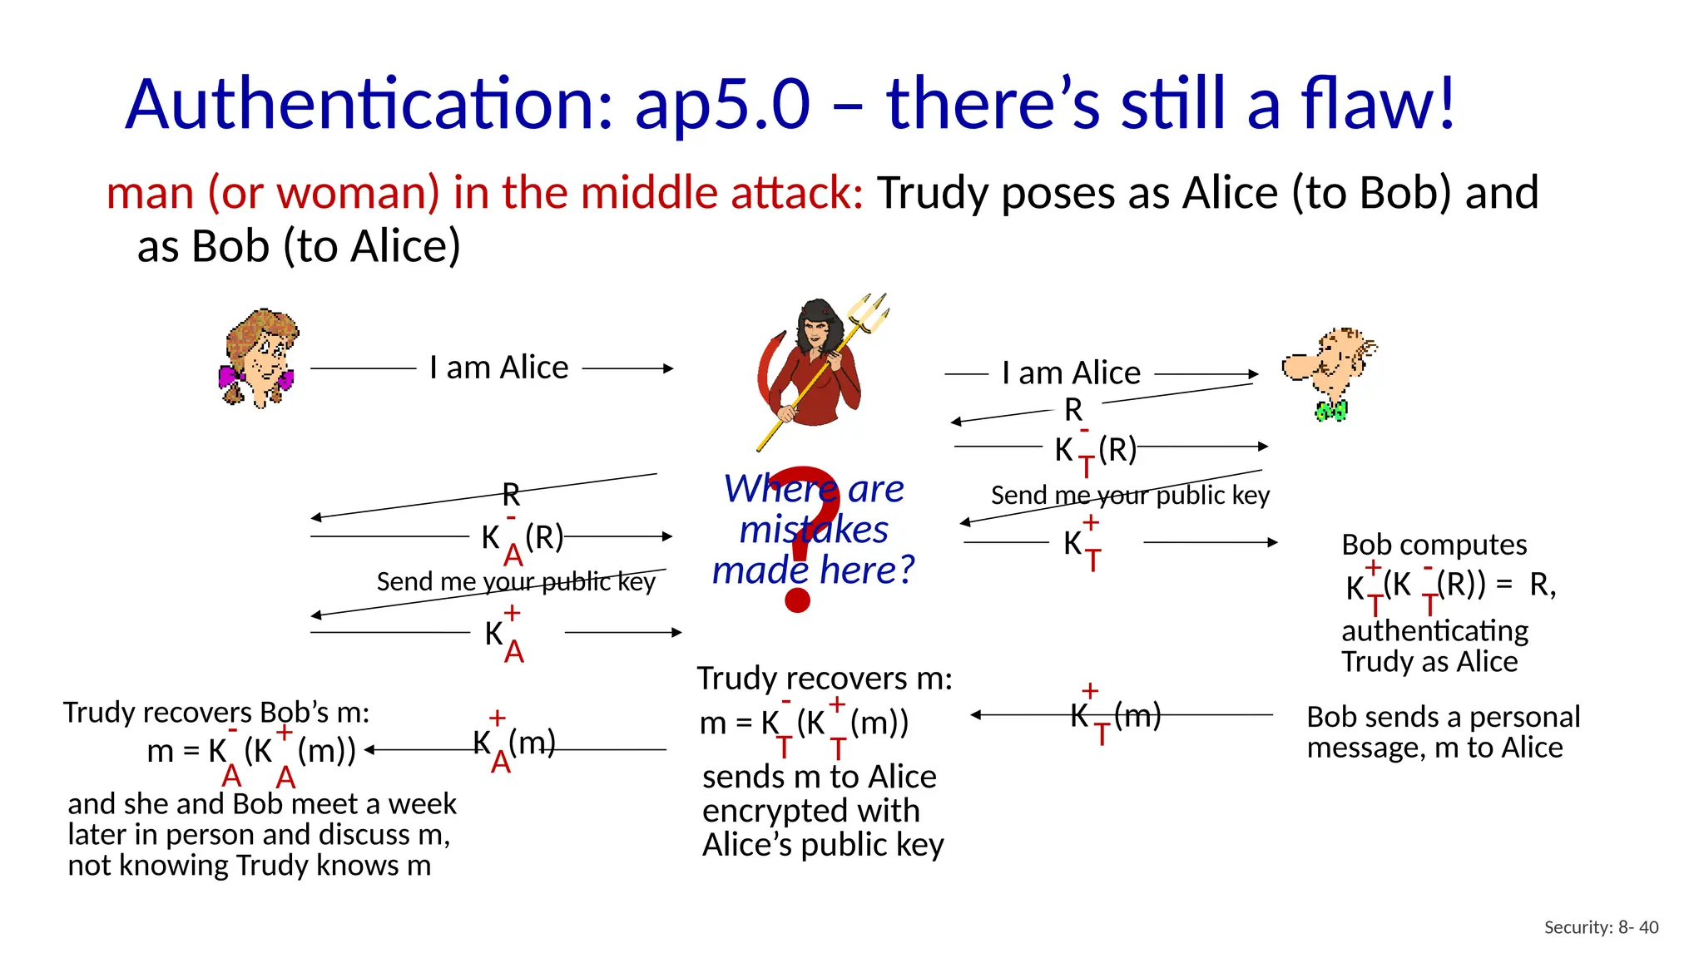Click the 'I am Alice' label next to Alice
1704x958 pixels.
coord(498,368)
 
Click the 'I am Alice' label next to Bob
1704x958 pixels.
coord(1071,373)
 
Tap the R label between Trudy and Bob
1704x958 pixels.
coord(1073,410)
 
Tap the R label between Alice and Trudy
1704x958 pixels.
coord(511,495)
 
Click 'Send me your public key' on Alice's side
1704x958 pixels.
coord(516,581)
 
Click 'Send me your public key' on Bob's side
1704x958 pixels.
coord(1130,496)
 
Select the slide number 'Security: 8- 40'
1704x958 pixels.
coord(1601,927)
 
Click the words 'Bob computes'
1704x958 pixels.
coord(1434,545)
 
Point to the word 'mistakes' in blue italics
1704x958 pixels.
coord(813,530)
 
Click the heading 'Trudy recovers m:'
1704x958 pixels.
coord(824,679)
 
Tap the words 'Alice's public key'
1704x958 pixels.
coord(823,845)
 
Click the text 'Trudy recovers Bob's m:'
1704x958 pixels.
coord(216,713)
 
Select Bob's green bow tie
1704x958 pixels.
coord(1330,411)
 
